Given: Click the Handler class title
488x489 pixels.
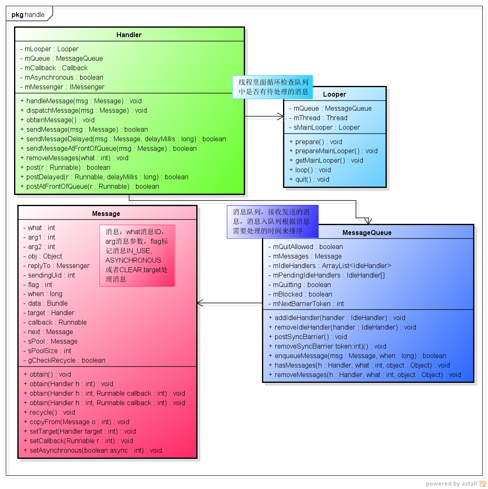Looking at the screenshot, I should click(x=129, y=35).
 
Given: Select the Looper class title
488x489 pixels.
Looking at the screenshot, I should click(x=334, y=94).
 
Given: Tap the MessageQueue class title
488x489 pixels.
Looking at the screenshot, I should click(x=367, y=233).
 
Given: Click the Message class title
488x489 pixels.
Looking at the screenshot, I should click(x=106, y=214).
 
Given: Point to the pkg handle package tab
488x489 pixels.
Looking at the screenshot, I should click(x=28, y=14).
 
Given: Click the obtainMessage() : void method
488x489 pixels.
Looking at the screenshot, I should click(x=60, y=120).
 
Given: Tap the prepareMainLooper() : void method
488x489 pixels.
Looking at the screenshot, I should click(x=336, y=151).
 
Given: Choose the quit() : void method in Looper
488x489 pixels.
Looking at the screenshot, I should click(x=312, y=179).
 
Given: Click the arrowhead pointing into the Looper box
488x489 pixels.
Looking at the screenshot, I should click(x=281, y=117).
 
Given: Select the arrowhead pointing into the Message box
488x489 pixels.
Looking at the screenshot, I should click(x=200, y=304).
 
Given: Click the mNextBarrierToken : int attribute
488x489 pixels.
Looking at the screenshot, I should click(x=308, y=304).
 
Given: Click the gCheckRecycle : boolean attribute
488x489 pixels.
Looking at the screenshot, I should click(x=67, y=360).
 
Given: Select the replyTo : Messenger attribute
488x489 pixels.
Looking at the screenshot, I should click(x=59, y=266).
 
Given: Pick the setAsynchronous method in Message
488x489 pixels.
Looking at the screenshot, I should click(x=95, y=450).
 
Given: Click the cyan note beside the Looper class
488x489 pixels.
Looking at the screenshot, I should click(x=273, y=87).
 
